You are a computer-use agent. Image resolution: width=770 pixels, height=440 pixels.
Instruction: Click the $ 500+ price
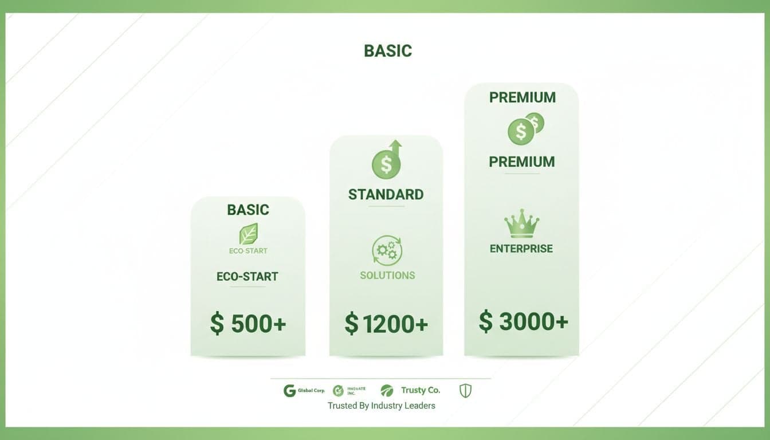click(247, 324)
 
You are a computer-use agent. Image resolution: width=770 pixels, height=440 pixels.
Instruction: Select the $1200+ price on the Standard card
click(386, 324)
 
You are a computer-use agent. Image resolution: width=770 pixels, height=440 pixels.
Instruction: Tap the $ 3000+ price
click(523, 322)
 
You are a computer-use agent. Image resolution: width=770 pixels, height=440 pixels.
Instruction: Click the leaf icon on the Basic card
click(248, 234)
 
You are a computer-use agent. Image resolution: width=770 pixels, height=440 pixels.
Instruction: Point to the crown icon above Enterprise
click(521, 223)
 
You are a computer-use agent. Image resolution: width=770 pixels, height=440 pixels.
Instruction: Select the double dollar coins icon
click(525, 128)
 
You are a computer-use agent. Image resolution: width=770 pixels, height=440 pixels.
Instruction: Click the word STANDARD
click(386, 194)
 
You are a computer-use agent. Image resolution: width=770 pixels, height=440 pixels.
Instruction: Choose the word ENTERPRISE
click(521, 249)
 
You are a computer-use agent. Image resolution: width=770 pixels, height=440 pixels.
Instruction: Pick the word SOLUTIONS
click(387, 276)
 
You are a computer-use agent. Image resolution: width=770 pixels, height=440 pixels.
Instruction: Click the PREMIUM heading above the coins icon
click(522, 97)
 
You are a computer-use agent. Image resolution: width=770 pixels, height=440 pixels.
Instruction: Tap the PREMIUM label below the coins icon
click(522, 162)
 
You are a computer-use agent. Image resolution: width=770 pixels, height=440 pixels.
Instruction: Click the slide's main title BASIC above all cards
click(388, 51)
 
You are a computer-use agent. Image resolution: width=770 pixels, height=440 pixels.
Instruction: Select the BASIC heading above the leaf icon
click(248, 210)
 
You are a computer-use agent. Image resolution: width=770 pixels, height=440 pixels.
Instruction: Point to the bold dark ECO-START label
click(247, 277)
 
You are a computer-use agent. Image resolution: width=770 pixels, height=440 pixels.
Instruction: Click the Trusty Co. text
click(421, 390)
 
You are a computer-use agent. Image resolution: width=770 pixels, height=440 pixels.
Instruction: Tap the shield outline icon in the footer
click(465, 391)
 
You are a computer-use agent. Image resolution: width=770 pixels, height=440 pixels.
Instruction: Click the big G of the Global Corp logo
click(290, 391)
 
